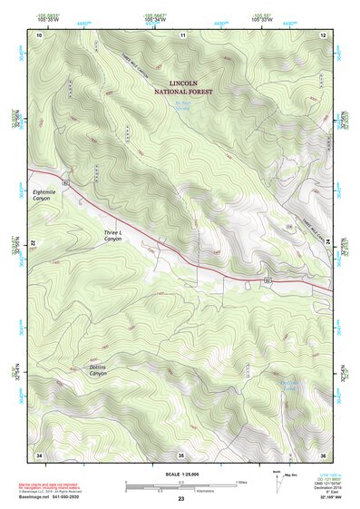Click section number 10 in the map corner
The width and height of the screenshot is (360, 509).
coord(39,34)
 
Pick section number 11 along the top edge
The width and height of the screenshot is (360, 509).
coord(182,34)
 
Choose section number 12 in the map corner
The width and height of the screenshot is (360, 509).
coord(323,34)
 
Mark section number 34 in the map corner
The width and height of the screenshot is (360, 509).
coord(39,454)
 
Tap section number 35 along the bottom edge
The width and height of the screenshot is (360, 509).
coord(181,454)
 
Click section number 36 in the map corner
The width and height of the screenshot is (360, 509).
coord(323,454)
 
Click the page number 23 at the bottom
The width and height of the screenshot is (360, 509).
coord(181,500)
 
